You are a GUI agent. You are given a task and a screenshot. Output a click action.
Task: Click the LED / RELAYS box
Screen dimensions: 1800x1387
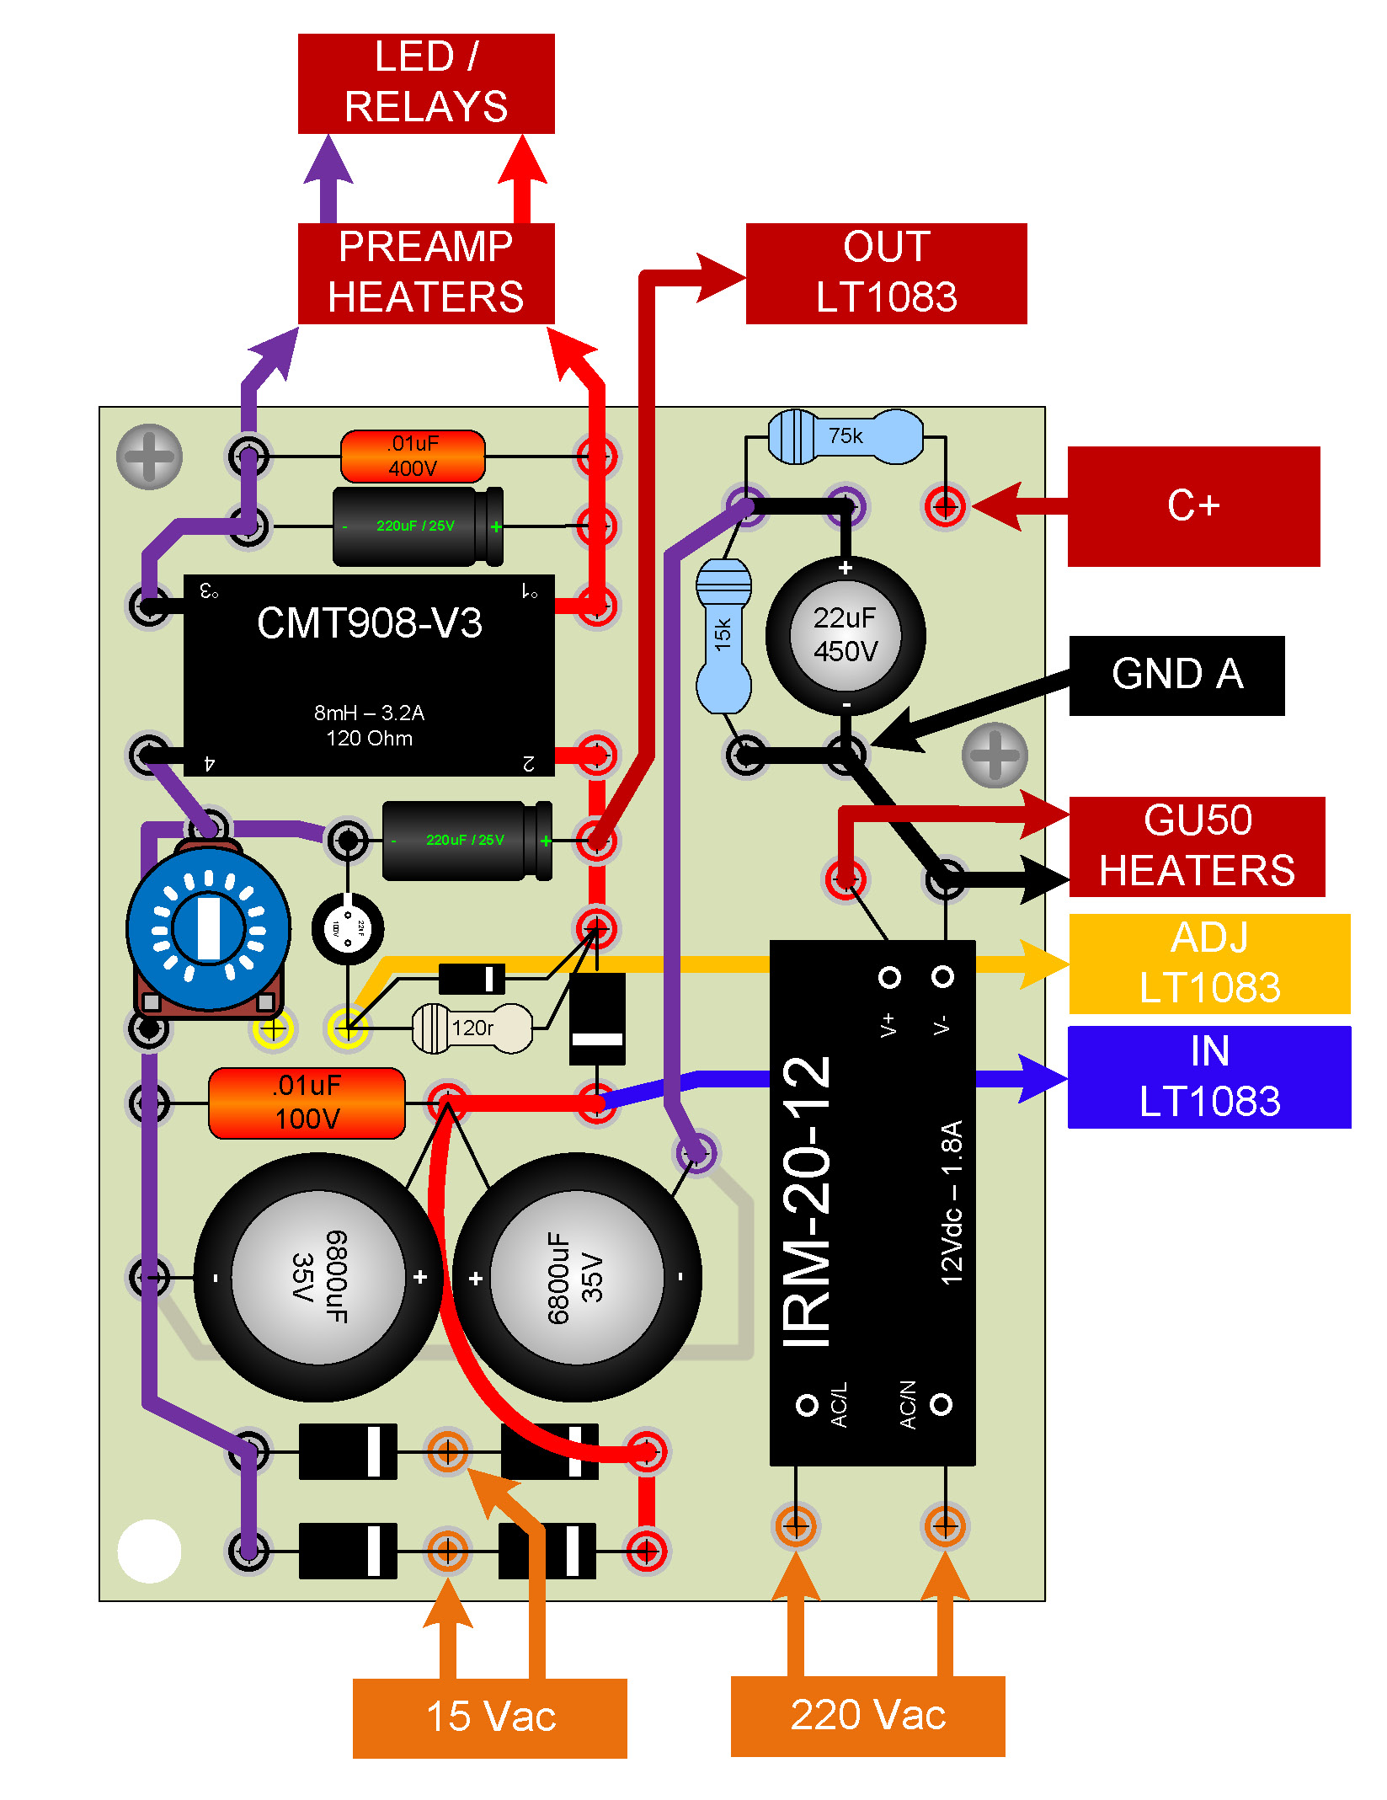coord(426,83)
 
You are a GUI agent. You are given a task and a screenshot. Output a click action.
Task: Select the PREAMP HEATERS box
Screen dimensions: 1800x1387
coord(426,273)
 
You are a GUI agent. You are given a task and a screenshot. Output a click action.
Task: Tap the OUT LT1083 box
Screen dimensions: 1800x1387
coord(886,273)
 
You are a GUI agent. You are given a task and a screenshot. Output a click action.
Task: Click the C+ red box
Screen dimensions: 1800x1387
coord(1193,506)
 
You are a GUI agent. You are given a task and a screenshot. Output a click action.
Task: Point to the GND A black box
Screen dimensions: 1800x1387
coord(1176,676)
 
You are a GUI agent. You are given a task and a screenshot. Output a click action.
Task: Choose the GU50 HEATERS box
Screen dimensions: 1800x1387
coord(1197,846)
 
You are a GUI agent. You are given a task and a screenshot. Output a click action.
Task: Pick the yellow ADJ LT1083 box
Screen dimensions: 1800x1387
coord(1209,964)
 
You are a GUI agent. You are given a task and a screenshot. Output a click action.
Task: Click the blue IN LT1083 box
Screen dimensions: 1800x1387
coord(1209,1076)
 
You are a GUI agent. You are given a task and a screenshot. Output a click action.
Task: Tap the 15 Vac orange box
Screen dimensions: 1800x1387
coord(490,1717)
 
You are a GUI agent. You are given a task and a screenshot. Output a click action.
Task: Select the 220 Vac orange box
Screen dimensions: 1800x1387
coord(867,1716)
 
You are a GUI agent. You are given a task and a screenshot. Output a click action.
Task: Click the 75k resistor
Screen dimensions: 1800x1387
coord(846,436)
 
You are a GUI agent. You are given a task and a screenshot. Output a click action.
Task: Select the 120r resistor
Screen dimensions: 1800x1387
coord(472,1028)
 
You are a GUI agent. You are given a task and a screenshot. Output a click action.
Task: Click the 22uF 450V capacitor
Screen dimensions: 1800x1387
coord(846,635)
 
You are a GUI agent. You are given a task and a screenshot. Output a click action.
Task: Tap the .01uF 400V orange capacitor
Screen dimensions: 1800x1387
coord(413,457)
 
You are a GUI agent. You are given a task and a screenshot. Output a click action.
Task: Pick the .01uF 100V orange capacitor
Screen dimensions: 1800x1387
coord(307,1103)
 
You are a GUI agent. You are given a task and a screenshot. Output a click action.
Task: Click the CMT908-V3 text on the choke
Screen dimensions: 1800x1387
coord(369,623)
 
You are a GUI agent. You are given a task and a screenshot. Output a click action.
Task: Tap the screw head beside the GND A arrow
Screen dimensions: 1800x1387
coord(995,755)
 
